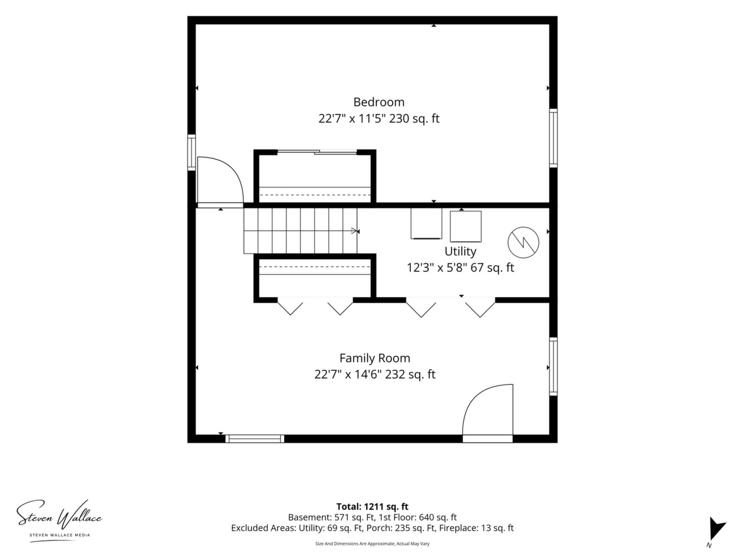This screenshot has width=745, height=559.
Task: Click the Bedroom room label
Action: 378,102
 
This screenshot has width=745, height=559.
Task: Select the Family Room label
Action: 374,358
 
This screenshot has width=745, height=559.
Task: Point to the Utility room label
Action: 460,252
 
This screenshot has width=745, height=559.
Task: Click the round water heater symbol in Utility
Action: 523,242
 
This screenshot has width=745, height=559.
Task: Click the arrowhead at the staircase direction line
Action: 355,231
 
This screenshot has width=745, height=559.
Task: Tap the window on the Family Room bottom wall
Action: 254,439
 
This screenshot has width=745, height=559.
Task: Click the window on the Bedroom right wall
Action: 554,138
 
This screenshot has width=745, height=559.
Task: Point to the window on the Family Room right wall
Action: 554,367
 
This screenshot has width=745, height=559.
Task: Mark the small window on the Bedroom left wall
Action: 191,153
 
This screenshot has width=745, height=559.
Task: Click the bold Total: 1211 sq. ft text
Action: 372,507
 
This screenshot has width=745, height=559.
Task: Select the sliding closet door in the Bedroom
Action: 317,153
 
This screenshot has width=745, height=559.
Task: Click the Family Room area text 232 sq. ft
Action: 411,374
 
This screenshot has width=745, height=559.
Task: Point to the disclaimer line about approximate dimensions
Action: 372,544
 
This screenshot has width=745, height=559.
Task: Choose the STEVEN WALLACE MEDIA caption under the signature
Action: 60,535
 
